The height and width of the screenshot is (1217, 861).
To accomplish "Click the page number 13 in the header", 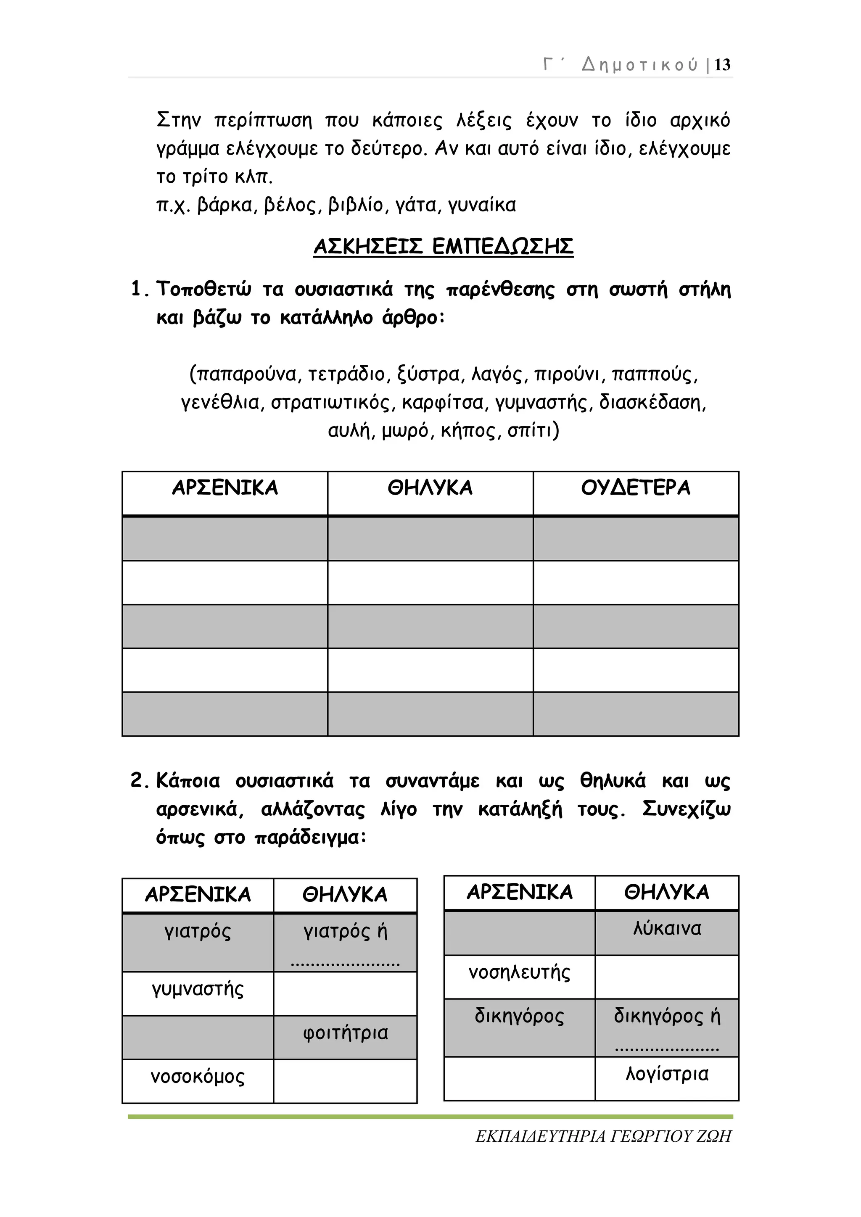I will (722, 65).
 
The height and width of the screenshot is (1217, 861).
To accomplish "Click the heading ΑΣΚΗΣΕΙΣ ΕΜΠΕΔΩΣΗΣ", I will (443, 247).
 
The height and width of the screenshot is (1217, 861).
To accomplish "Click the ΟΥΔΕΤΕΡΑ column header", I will (636, 487).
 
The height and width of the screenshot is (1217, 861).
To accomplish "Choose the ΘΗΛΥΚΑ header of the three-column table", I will (430, 487).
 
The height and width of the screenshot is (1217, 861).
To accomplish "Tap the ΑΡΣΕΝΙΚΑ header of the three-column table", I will (225, 487).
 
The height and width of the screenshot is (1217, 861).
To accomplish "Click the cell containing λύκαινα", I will (667, 929).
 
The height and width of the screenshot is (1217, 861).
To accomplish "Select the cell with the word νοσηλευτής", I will (520, 973).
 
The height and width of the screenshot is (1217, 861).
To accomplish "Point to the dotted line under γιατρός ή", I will (346, 964).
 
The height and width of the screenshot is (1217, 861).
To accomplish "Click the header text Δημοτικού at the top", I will (640, 65).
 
